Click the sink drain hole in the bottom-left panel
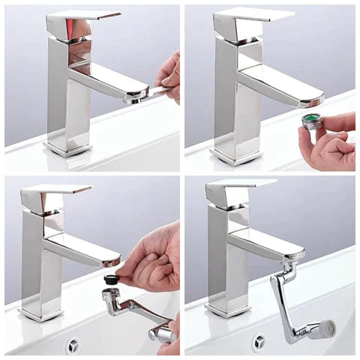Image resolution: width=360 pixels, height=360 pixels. [73, 345]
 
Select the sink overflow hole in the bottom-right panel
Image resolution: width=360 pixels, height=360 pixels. [259, 342]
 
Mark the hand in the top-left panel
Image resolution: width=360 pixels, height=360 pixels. [169, 75]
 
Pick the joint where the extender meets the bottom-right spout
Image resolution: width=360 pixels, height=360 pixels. [288, 265]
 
